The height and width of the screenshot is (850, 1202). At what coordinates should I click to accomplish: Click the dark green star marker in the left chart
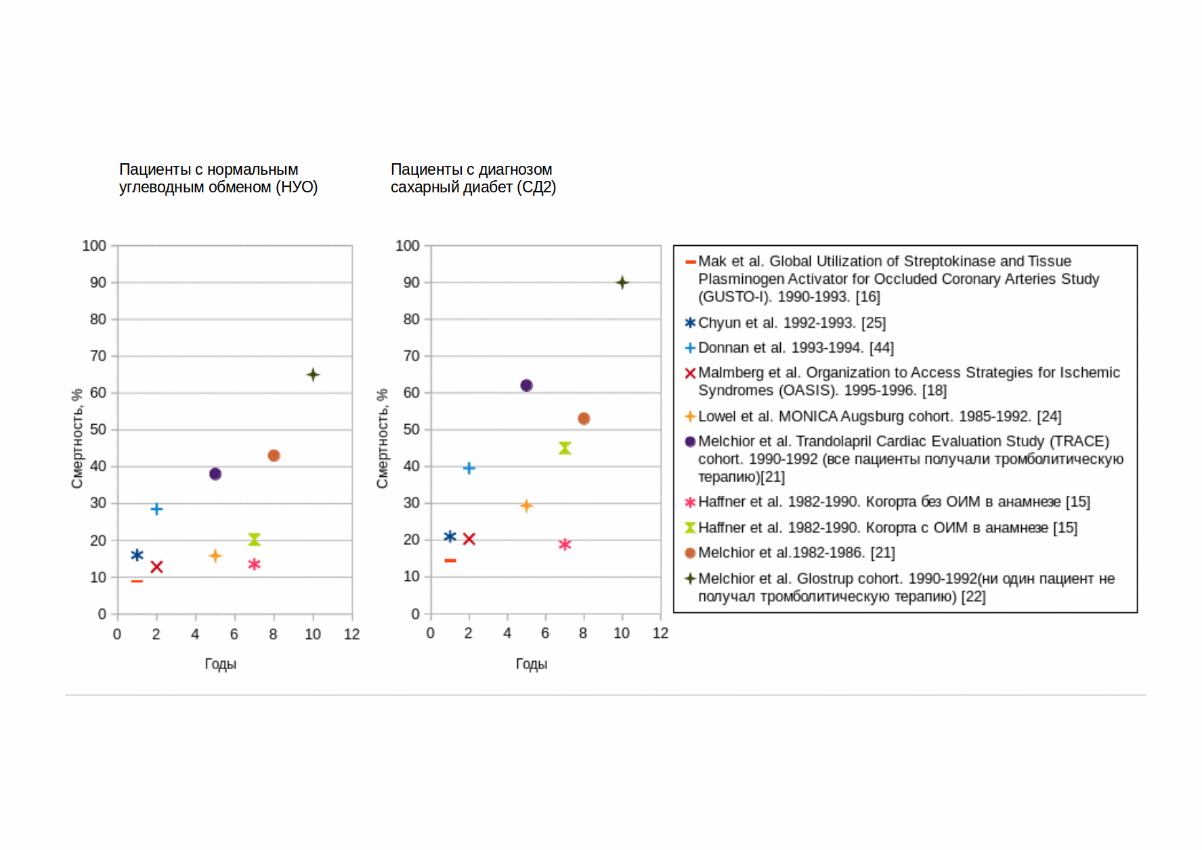click(313, 375)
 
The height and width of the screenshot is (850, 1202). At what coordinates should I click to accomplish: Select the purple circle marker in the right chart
click(526, 385)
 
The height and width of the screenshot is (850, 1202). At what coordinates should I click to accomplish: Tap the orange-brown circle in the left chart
click(274, 456)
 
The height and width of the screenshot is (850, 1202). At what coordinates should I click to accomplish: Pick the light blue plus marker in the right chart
click(469, 468)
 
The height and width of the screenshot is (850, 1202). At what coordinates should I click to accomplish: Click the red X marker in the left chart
click(156, 567)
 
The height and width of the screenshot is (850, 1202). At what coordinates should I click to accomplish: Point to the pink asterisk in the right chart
click(565, 545)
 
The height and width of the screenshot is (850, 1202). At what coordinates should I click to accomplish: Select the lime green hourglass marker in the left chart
click(254, 539)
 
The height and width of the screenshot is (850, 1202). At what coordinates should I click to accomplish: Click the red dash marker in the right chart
click(450, 561)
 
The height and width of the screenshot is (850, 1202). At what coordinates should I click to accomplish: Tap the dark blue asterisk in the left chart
click(137, 555)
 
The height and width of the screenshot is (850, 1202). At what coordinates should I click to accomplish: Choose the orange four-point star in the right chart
click(526, 506)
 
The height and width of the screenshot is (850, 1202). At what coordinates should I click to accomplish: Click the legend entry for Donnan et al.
click(796, 348)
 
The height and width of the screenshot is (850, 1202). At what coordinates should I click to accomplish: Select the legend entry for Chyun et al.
click(792, 323)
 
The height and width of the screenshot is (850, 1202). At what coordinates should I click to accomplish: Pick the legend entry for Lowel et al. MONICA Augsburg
click(879, 417)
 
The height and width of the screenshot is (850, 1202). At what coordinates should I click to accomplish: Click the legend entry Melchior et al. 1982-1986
click(796, 553)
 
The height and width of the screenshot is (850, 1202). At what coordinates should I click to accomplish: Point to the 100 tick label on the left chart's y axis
click(94, 246)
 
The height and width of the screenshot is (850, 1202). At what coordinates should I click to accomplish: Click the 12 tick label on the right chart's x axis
click(660, 633)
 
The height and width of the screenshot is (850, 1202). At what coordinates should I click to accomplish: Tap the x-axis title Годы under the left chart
click(221, 664)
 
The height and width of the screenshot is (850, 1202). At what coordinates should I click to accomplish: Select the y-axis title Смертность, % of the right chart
click(383, 438)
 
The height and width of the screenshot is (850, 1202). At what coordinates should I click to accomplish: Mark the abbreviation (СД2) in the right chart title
click(536, 188)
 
